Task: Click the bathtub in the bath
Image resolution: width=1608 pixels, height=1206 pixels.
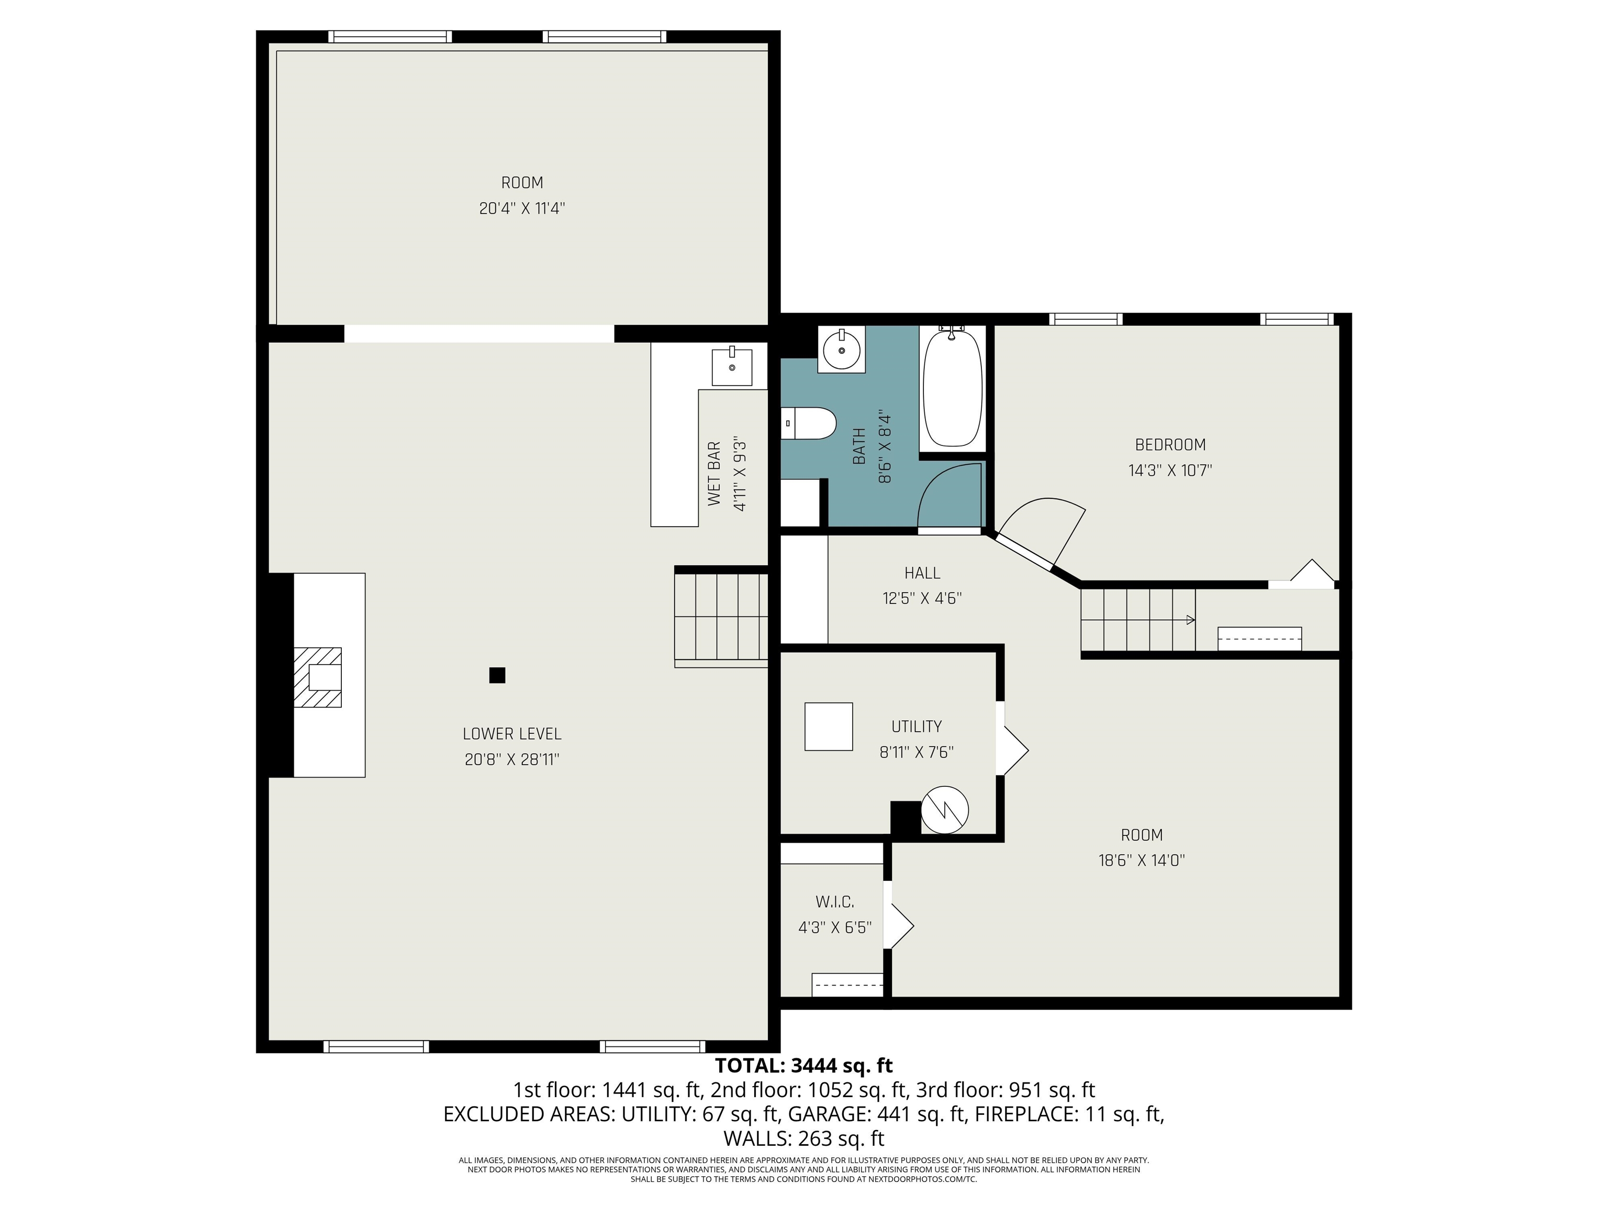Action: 952,388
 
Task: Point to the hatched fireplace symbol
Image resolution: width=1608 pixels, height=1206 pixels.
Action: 318,677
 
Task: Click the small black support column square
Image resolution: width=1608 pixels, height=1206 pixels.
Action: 497,675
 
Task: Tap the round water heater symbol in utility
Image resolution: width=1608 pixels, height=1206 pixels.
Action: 945,810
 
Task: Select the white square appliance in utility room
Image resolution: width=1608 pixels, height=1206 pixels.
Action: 829,726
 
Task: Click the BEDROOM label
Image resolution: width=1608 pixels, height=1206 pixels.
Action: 1170,444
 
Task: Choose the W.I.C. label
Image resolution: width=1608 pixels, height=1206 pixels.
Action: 834,902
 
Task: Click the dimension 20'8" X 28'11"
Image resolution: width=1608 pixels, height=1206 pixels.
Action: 512,760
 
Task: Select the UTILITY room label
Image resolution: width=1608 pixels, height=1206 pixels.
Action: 917,726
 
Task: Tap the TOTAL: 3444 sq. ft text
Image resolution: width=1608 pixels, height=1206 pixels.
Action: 804,1066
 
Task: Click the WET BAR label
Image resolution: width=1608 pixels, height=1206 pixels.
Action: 714,473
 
